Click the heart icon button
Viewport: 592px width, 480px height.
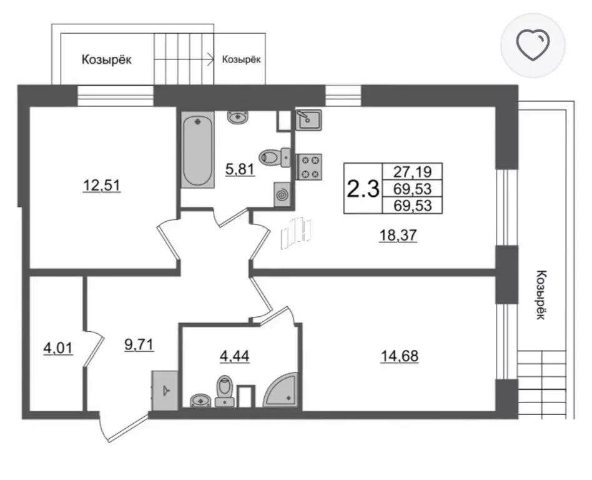click(x=533, y=46)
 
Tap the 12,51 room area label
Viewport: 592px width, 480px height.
click(x=102, y=186)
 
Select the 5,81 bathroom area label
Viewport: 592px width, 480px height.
click(x=240, y=169)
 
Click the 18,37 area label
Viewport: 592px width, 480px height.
click(x=398, y=235)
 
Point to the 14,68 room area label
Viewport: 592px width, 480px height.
click(x=400, y=356)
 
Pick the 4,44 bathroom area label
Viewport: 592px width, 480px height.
click(x=234, y=356)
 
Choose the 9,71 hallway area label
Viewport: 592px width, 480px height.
click(x=139, y=345)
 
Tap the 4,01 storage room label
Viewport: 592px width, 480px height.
click(x=58, y=348)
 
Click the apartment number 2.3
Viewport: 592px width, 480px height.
click(x=363, y=189)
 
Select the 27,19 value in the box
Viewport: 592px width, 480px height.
click(x=412, y=172)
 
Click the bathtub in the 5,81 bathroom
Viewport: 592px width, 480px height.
click(x=197, y=149)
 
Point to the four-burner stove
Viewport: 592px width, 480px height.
click(x=309, y=167)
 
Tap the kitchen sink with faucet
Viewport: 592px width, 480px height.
click(x=308, y=120)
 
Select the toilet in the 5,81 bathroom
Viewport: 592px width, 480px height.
click(x=275, y=157)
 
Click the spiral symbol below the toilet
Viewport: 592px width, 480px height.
click(x=282, y=194)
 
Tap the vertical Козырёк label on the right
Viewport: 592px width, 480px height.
click(x=541, y=295)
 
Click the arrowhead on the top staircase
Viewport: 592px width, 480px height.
click(x=209, y=59)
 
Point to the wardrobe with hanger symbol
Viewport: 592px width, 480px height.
click(x=165, y=391)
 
